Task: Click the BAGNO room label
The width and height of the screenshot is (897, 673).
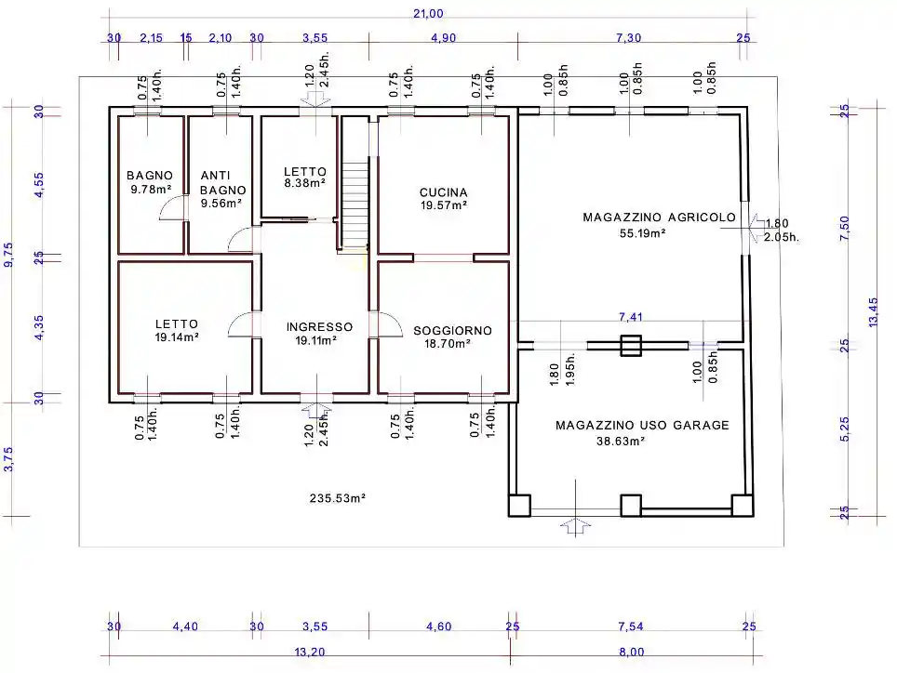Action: tap(149, 176)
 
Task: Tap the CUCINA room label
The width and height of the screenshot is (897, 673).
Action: tap(443, 192)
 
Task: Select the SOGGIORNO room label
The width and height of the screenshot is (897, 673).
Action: tap(452, 331)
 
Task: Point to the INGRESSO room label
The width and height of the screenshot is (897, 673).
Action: tap(319, 327)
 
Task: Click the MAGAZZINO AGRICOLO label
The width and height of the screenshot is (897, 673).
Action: tap(659, 218)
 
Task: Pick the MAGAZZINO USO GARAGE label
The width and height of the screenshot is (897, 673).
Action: tap(642, 425)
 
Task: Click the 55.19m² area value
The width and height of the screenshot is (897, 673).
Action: tap(642, 233)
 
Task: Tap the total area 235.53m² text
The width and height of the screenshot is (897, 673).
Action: tap(338, 498)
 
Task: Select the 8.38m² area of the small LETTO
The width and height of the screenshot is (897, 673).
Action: tap(305, 183)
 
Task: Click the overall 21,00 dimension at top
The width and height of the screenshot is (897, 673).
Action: tap(428, 14)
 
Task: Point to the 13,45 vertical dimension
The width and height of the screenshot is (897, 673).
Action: tap(873, 312)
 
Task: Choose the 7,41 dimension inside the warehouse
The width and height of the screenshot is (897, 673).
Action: tap(631, 316)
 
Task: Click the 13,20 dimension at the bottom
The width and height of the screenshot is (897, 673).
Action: tap(310, 652)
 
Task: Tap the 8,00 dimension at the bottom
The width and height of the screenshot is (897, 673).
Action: tap(632, 652)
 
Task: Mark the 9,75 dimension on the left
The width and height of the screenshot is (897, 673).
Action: tap(8, 255)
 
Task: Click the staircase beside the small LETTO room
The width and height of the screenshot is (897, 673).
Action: tap(355, 205)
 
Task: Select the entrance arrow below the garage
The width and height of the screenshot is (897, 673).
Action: tap(575, 526)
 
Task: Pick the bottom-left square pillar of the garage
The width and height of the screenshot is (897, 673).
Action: tap(519, 506)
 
